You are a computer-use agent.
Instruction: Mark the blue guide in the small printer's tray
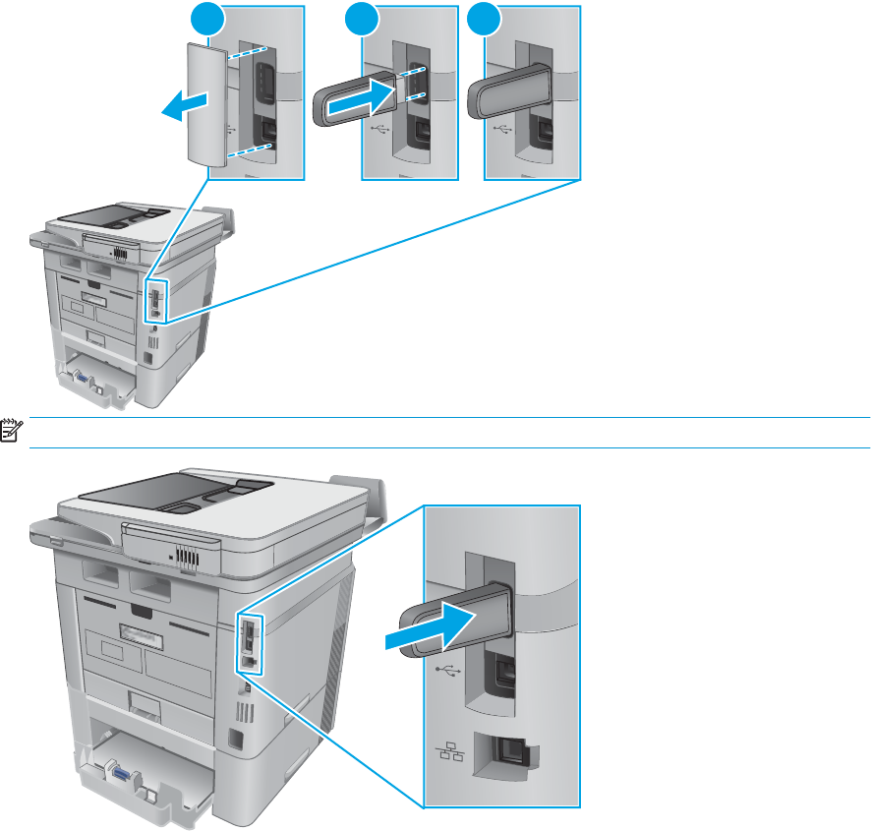click(74, 374)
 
